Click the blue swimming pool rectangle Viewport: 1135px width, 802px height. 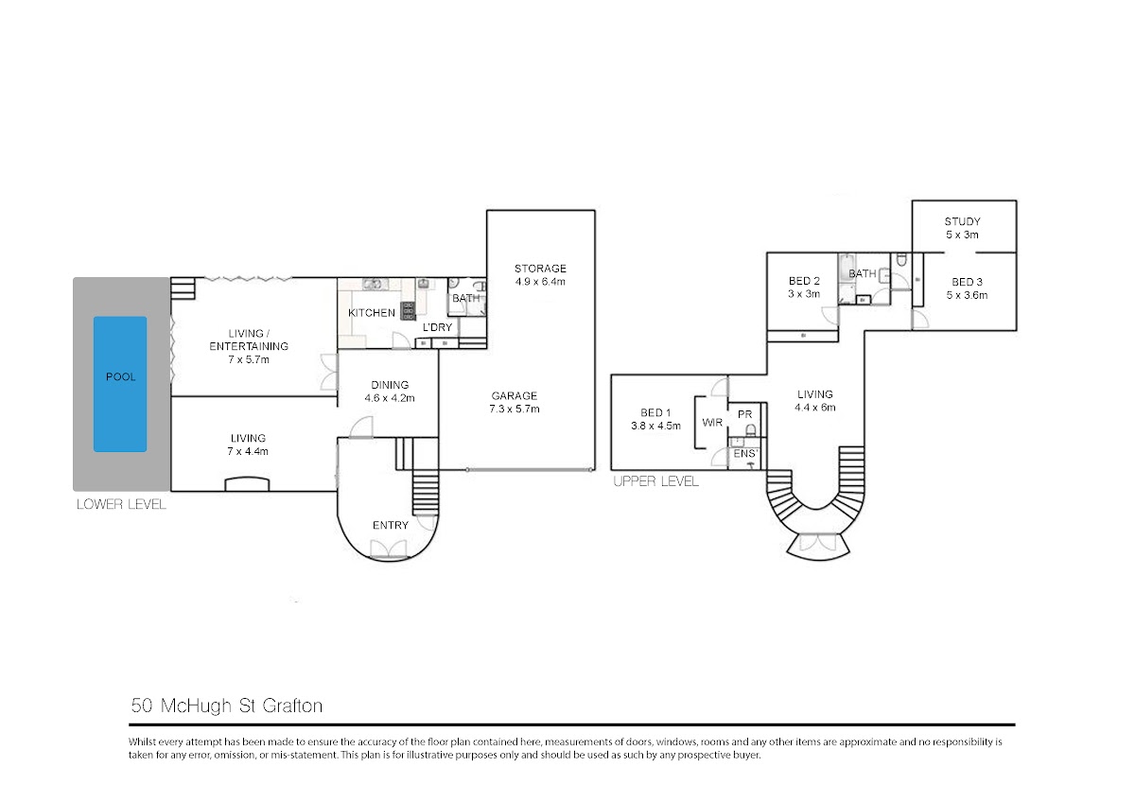coord(120,384)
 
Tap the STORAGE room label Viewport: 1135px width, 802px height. coord(540,269)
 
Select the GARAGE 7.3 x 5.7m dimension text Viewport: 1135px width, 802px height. coord(515,409)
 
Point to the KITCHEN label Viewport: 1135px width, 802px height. coord(372,313)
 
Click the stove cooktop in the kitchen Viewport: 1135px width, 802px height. coord(408,310)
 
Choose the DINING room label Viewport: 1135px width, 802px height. coord(390,385)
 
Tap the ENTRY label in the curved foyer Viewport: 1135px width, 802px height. coord(390,526)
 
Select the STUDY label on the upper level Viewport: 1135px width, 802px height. coord(962,221)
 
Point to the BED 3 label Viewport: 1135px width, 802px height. coord(967,282)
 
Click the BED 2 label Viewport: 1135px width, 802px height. coord(804,281)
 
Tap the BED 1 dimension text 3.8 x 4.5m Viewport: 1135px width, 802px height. coord(655,427)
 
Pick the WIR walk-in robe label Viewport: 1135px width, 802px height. coord(712,422)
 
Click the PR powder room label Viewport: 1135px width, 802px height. coord(745,414)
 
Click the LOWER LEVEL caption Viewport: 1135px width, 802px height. coord(121,505)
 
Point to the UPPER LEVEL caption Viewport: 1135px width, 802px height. coord(655,481)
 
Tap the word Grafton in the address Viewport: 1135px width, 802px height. coord(293,706)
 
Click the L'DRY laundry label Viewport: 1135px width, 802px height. coord(437,327)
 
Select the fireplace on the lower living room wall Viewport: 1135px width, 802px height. coord(247,484)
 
